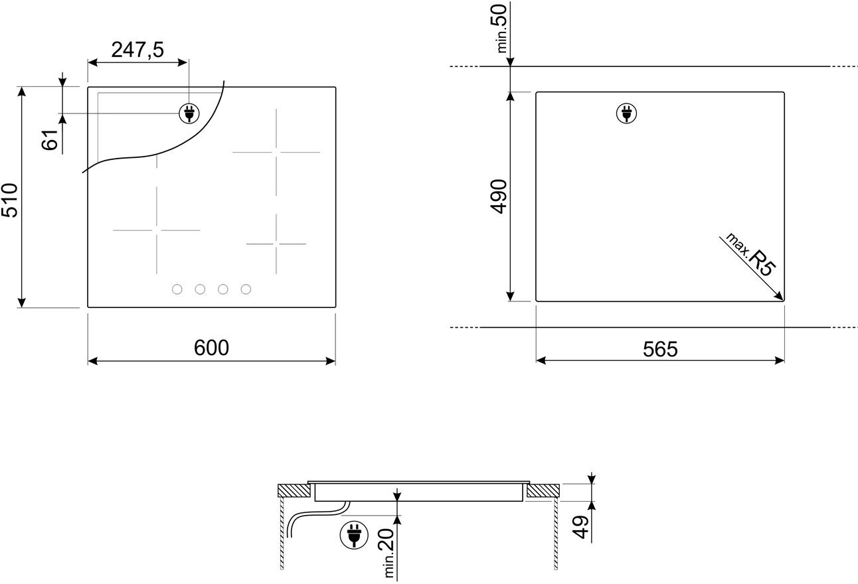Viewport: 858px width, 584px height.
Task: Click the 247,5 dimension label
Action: (137, 50)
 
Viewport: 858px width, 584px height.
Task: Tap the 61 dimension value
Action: (50, 139)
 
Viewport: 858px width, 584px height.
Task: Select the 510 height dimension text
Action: (9, 200)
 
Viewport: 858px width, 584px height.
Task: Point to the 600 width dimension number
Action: (211, 348)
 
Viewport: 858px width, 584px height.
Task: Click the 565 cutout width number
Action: (660, 349)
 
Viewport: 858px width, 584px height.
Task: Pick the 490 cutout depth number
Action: (498, 196)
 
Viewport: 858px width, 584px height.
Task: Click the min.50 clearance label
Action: (499, 29)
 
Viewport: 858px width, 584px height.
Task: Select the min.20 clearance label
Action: (385, 553)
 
